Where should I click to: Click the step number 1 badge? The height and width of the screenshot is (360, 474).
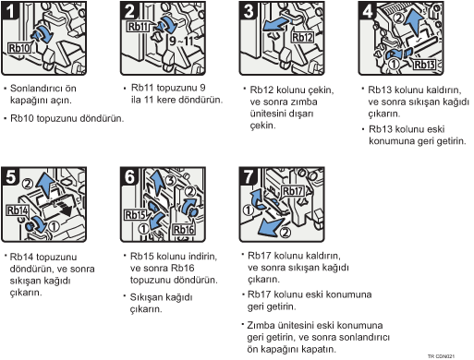coord(9,10)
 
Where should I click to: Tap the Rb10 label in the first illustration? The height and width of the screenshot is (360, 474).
coord(19,48)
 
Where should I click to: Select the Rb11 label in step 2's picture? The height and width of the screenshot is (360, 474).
coord(139,27)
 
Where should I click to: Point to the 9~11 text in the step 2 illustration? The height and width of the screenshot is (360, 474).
coord(181,40)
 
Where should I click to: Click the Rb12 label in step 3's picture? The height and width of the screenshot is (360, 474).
coord(302,37)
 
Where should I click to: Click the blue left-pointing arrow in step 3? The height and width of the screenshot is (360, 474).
coord(276,24)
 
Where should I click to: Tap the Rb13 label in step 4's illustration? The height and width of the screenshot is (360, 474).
coord(424,65)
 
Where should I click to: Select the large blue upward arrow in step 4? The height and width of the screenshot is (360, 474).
coord(415,24)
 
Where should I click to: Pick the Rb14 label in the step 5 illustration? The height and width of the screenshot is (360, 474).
coord(18,210)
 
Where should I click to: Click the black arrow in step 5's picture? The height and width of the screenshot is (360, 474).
coord(63,209)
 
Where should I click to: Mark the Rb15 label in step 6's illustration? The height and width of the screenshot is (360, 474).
coord(135,215)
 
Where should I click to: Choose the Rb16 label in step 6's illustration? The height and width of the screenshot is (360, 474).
coord(184,230)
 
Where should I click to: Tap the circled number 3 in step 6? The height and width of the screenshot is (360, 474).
coord(171,180)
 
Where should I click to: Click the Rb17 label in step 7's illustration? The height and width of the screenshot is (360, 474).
coord(293,191)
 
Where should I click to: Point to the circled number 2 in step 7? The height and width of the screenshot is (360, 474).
coord(286,233)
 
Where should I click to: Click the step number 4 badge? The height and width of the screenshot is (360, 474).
coord(368,10)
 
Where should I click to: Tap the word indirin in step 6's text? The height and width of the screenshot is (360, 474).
coord(202,256)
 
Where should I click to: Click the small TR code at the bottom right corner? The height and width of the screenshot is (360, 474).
coord(441,356)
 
